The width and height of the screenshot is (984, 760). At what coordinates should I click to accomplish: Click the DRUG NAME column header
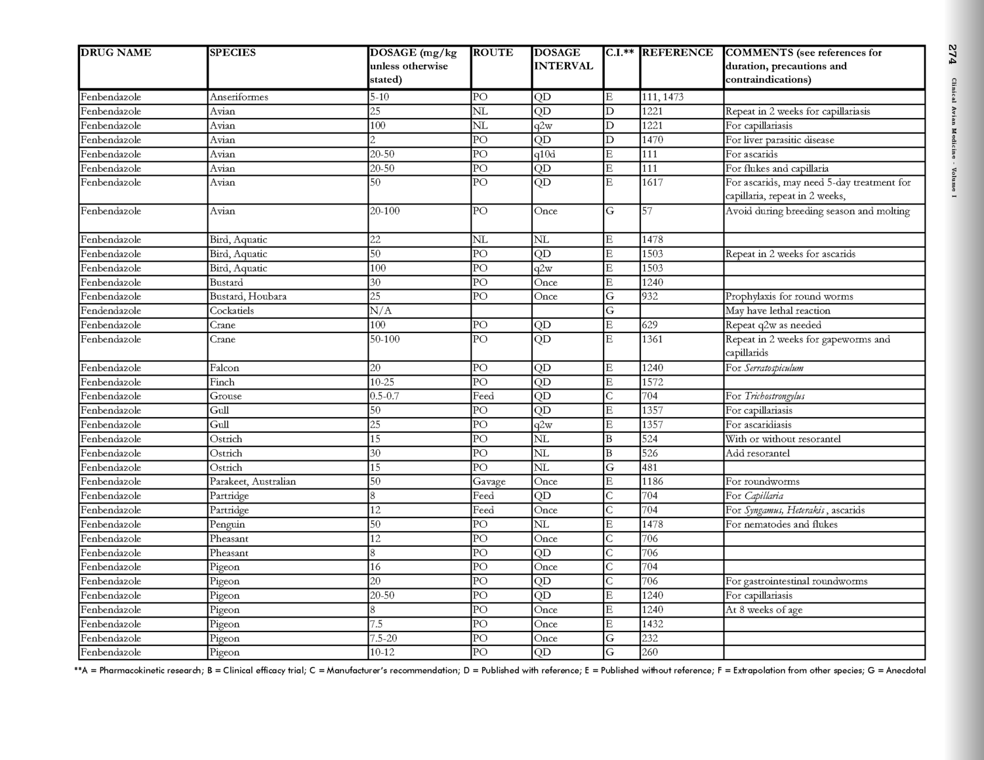pos(116,52)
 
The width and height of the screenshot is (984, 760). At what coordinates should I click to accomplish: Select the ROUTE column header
pos(493,52)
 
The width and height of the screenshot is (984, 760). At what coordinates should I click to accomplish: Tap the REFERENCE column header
pos(677,52)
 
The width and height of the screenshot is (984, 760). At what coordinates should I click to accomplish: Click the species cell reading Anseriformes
pos(239,97)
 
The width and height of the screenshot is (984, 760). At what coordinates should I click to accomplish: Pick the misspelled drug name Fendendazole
pos(111,311)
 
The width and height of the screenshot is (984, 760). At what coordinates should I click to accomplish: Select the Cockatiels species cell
pos(232,311)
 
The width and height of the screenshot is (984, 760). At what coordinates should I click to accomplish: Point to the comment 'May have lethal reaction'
pos(777,311)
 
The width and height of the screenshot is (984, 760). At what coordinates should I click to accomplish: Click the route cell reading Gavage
pos(489,481)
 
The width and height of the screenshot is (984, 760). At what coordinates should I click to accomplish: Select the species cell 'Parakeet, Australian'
pos(253,481)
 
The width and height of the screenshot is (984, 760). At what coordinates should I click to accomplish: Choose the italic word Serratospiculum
pos(773,368)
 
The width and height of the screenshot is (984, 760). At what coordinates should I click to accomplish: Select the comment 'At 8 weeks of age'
pos(764,610)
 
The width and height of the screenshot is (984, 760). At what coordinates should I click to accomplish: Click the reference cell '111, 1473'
pos(663,97)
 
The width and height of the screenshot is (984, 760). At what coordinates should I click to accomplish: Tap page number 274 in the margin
pos(953,54)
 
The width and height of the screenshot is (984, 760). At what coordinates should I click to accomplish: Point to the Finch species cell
pos(222,382)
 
